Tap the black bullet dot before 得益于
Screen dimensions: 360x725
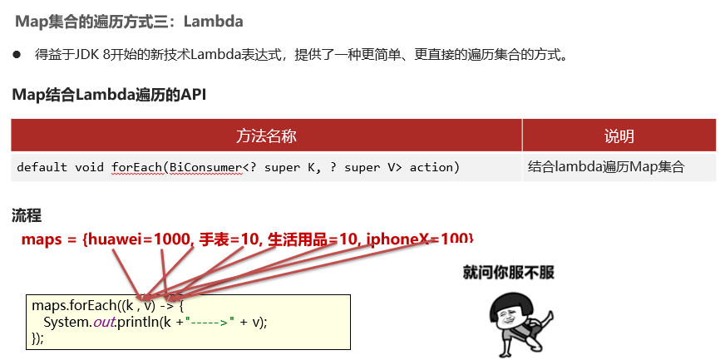(16, 56)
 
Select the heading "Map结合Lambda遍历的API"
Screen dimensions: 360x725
(109, 94)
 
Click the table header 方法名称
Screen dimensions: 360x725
(266, 136)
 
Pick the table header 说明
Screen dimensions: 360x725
(619, 136)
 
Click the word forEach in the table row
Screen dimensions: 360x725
(136, 167)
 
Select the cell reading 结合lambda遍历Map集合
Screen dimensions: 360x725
(605, 167)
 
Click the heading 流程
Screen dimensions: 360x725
(27, 215)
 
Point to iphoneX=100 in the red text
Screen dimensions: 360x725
(420, 239)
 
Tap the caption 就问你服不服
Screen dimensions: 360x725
(508, 271)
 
